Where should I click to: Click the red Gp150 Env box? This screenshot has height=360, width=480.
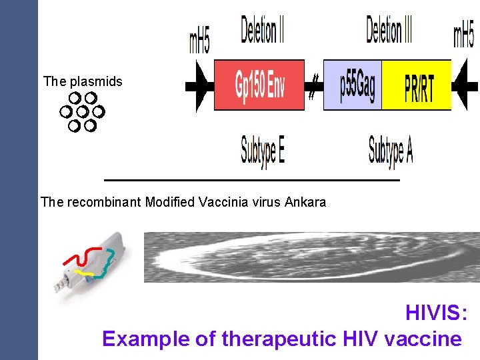tap(259, 85)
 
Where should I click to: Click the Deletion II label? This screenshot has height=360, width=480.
tap(262, 31)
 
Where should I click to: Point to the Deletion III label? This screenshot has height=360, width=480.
tap(389, 31)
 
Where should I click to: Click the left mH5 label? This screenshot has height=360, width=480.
tap(199, 39)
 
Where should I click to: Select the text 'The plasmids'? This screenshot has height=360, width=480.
tap(83, 82)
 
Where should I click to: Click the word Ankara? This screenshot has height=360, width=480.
tap(305, 201)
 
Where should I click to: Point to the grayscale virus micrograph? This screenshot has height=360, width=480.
tap(311, 257)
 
